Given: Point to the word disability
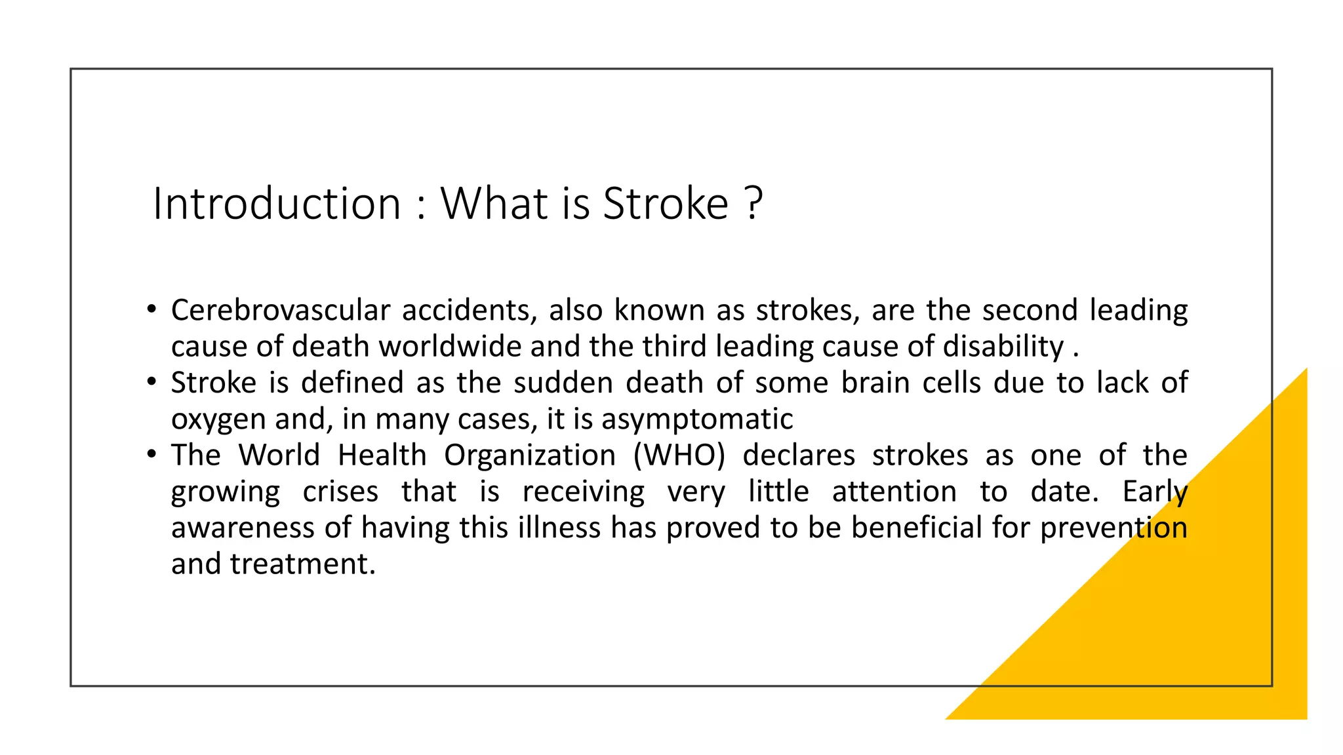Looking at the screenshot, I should click(x=1003, y=346).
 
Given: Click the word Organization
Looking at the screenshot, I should click(x=530, y=455).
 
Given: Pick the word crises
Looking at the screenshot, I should click(x=340, y=492).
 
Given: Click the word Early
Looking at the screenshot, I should click(x=1155, y=492).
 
